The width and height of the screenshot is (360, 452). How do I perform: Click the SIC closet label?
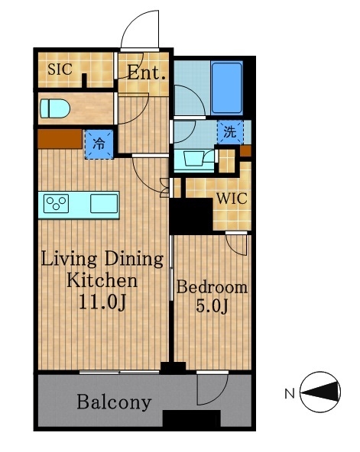[60, 69]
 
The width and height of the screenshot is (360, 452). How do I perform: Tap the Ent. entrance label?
[147, 73]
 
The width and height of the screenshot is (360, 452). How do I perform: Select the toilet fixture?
[55, 108]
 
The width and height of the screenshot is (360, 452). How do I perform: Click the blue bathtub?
[227, 89]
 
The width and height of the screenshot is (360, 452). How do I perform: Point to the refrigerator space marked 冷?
[99, 144]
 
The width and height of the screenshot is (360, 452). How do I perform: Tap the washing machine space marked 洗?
[230, 132]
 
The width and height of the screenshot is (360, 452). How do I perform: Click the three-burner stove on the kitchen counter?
[56, 204]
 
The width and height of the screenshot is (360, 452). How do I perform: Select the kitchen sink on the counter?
[104, 204]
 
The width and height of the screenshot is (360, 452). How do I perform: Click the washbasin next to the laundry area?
[194, 159]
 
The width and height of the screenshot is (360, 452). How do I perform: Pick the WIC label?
[232, 199]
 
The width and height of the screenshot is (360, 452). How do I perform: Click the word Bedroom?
[212, 287]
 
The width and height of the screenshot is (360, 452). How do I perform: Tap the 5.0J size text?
[212, 306]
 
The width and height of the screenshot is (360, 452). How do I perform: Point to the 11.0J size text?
[102, 302]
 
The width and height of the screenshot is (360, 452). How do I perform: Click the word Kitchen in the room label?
[102, 280]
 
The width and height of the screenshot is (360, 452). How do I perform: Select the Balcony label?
[114, 402]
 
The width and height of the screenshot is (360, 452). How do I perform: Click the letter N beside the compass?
[290, 393]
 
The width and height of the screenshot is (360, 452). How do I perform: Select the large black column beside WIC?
[191, 215]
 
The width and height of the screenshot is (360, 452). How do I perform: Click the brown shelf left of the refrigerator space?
[60, 139]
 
